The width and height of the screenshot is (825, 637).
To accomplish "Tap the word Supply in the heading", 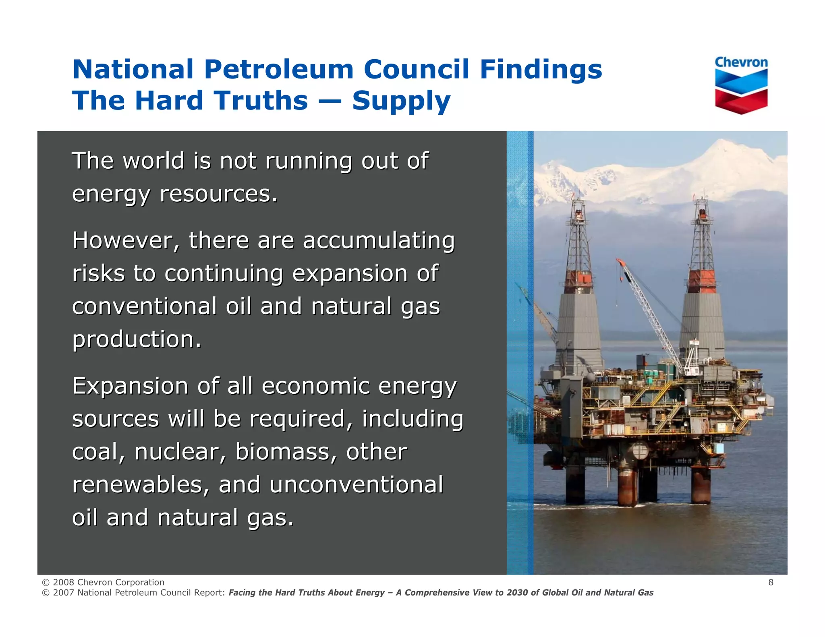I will point(401,101).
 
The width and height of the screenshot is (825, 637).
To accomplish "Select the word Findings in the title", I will point(541,70).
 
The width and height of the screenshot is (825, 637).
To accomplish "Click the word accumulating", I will point(379,242).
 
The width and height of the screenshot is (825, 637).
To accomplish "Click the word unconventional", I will point(356,484).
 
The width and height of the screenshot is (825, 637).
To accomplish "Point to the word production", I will point(137,339).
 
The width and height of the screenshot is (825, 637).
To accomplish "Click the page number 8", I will point(771,582).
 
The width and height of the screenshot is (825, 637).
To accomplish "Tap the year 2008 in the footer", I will point(63,582).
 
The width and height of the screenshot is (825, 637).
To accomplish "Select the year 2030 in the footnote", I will point(517,593).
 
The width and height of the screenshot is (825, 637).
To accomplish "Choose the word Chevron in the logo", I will point(741,62).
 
